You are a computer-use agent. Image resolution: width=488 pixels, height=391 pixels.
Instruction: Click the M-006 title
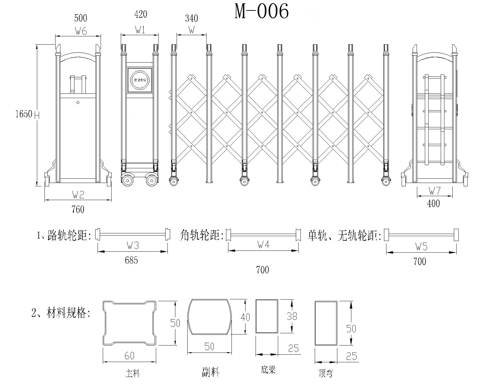pyautogui.click(x=261, y=12)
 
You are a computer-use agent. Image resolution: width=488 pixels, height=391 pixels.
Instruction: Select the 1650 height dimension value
pyautogui.click(x=24, y=114)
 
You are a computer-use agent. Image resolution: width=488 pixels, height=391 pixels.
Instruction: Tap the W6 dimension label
pyautogui.click(x=81, y=31)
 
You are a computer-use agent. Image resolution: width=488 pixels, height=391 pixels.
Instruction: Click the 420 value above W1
pyautogui.click(x=140, y=14)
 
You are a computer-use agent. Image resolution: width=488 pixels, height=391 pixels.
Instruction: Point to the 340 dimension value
pyautogui.click(x=191, y=19)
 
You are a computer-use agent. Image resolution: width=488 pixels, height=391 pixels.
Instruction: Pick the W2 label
pyautogui.click(x=78, y=194)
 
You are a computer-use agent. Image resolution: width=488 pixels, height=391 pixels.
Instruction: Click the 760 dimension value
pyautogui.click(x=78, y=210)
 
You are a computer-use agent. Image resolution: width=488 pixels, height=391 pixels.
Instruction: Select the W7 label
pyautogui.click(x=435, y=191)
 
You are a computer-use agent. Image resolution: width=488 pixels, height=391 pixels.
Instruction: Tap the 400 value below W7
pyautogui.click(x=433, y=203)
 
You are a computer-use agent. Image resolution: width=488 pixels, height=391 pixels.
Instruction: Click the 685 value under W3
pyautogui.click(x=131, y=260)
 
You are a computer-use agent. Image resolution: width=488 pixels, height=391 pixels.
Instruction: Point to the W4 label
pyautogui.click(x=263, y=244)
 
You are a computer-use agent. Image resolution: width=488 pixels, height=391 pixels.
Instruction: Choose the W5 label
pyautogui.click(x=421, y=247)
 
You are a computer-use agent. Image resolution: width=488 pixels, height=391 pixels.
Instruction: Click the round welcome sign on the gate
pyautogui.click(x=140, y=80)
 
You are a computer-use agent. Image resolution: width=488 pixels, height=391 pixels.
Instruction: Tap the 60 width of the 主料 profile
pyautogui.click(x=129, y=356)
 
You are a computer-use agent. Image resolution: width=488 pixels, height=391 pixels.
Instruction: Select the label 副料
pyautogui.click(x=210, y=372)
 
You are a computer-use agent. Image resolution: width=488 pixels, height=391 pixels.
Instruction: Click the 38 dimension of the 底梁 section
pyautogui.click(x=292, y=316)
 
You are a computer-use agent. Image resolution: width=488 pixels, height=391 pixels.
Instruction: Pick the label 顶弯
pyautogui.click(x=325, y=373)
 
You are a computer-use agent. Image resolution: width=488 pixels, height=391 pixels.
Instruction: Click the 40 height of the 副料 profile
pyautogui.click(x=245, y=317)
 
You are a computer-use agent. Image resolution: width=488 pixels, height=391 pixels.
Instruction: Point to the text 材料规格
pyautogui.click(x=68, y=313)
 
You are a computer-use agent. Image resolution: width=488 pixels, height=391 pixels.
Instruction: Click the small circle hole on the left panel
pyautogui.click(x=78, y=103)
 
